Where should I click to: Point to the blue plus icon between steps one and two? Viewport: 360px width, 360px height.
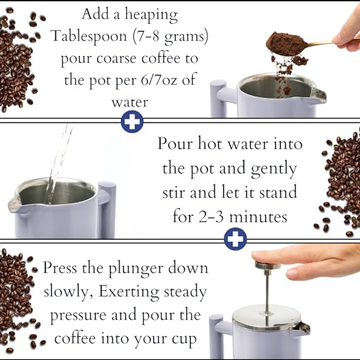pos(131,122)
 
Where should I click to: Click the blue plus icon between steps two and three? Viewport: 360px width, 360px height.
pos(234,238)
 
